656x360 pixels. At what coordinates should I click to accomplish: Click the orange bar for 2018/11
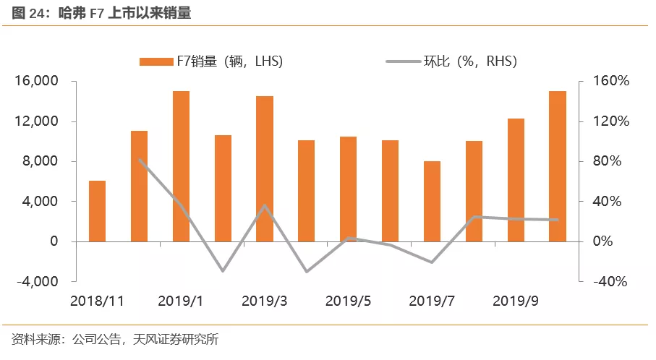click(x=97, y=211)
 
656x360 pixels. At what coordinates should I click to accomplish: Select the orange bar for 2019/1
click(x=181, y=166)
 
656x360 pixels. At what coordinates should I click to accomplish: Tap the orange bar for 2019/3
click(x=265, y=168)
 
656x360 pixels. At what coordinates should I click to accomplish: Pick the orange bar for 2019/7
click(x=432, y=201)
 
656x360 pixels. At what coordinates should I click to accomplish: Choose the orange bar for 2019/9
click(x=516, y=180)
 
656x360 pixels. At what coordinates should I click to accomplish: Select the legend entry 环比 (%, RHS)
click(x=452, y=61)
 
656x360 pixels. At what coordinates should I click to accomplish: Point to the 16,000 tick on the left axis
click(x=36, y=81)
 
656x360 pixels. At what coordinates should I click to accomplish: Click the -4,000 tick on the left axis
click(x=36, y=281)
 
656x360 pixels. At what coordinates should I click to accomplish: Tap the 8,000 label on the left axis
click(x=41, y=161)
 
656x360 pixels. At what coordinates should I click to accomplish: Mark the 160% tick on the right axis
click(x=612, y=81)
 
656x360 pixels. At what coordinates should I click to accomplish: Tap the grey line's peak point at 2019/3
click(x=265, y=205)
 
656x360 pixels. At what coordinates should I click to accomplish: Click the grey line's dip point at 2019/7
click(x=432, y=262)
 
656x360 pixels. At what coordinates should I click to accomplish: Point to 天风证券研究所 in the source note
click(x=176, y=339)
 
